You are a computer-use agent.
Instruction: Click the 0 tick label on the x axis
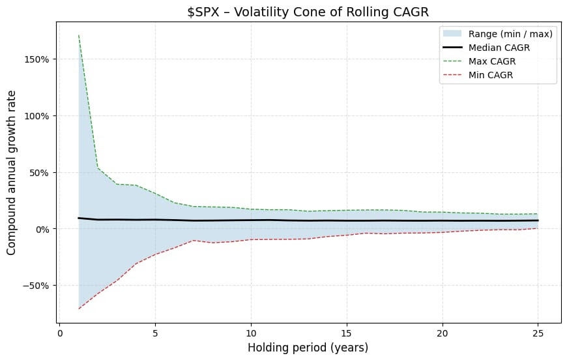tap(59, 331)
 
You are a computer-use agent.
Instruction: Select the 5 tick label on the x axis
tap(155, 331)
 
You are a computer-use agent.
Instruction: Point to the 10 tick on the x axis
tap(251, 331)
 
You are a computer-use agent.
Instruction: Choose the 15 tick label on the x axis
tap(347, 331)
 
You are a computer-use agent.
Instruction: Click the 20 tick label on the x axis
tap(443, 331)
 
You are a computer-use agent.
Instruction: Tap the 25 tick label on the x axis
tap(538, 331)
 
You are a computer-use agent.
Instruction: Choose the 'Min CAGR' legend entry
tap(499, 74)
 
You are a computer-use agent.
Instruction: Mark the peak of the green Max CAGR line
tap(79, 35)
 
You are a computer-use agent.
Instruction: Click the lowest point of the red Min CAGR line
tap(79, 308)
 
